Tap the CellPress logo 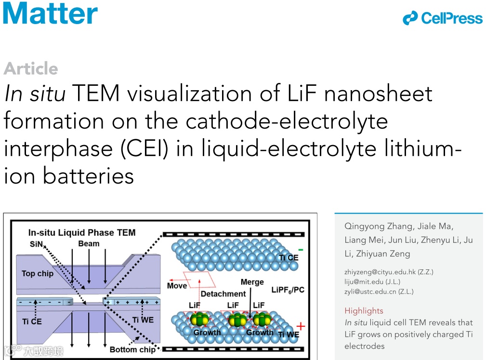coord(443,18)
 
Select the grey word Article coord(31,69)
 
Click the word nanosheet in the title coord(378,93)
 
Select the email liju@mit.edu coord(365,281)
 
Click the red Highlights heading coord(364,311)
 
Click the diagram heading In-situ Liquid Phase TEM coord(82,232)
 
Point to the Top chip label coord(38,273)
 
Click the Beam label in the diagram coord(89,243)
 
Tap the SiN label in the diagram coord(37,244)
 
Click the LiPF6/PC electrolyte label coord(288,290)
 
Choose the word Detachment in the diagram coord(223,293)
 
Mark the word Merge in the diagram coord(252,282)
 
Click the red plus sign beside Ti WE coord(301,326)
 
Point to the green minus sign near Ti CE coord(301,250)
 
